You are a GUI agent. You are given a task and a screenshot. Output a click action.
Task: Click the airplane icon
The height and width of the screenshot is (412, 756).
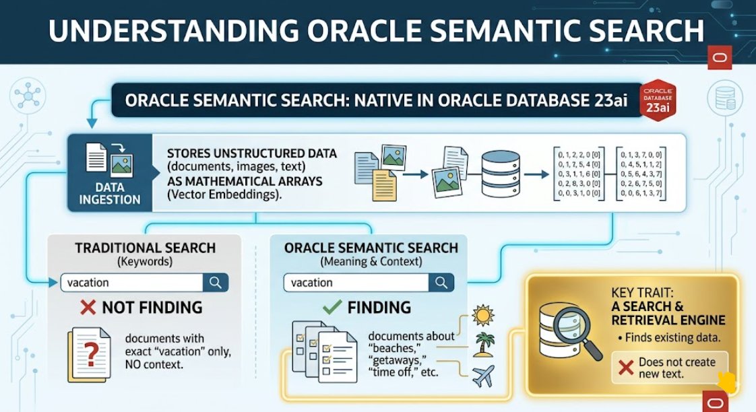[x=484, y=376]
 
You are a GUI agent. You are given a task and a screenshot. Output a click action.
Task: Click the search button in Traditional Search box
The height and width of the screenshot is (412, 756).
[x=216, y=283]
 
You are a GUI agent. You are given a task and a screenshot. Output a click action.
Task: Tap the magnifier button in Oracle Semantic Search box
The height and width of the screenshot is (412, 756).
[x=441, y=283]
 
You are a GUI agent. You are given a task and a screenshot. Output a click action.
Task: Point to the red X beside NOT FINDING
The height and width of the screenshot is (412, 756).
[x=88, y=308]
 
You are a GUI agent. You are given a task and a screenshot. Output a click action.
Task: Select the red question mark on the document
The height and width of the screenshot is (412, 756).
[x=88, y=354]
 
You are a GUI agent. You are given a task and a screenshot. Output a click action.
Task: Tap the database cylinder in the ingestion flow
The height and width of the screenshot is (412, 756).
[x=501, y=174]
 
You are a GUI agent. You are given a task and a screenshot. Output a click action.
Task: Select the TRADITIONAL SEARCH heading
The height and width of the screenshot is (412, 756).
[x=146, y=248]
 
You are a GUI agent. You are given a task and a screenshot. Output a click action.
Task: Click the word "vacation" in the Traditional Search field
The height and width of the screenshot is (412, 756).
[x=88, y=283]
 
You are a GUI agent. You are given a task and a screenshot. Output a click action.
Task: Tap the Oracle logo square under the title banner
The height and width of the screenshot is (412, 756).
[x=718, y=59]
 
